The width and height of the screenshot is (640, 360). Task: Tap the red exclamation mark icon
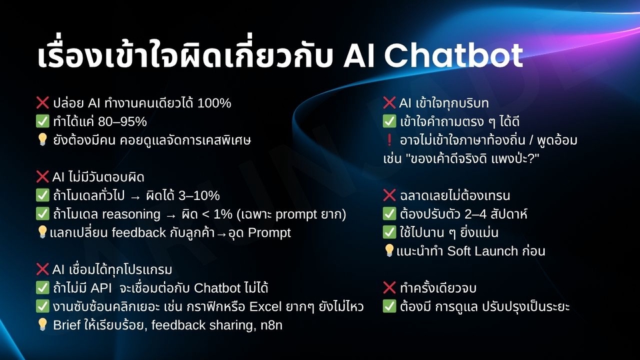(x=389, y=141)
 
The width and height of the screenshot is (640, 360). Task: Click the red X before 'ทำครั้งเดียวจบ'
(x=389, y=288)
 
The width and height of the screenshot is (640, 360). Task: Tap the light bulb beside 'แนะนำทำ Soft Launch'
(x=389, y=251)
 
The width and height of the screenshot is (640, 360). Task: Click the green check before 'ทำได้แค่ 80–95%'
(x=43, y=122)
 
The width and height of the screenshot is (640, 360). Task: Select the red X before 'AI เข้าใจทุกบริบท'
(x=389, y=103)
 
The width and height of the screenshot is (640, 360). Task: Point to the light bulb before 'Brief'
(x=43, y=325)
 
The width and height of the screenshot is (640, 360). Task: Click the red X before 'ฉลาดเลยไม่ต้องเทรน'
(x=389, y=195)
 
